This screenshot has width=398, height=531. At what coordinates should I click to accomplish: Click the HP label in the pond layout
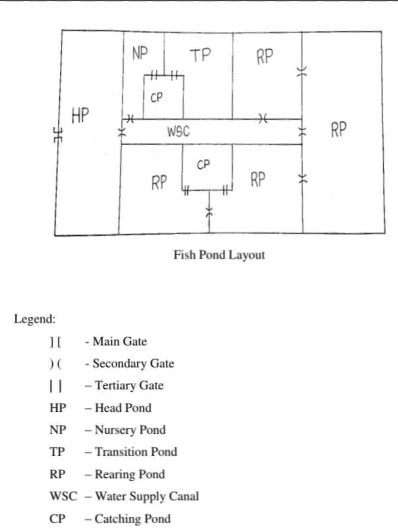click(80, 115)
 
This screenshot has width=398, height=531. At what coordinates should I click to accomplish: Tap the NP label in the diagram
click(140, 53)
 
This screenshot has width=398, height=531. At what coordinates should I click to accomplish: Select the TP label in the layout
click(200, 55)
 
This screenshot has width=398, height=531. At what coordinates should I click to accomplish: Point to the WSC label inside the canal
click(178, 132)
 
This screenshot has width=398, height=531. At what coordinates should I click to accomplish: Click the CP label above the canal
click(156, 98)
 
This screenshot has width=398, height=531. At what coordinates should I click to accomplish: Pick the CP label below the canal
click(203, 165)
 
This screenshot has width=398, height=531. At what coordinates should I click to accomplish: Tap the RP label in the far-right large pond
click(339, 129)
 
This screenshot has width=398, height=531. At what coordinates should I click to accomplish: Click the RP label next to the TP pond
click(265, 56)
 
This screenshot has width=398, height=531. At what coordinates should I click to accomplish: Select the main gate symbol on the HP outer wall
click(58, 135)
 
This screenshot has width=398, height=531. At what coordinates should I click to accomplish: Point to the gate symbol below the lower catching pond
click(210, 212)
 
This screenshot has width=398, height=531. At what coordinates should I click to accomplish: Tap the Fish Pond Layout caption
click(219, 255)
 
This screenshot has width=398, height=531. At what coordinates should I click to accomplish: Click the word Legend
click(34, 319)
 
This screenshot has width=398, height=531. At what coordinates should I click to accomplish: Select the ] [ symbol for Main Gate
click(55, 342)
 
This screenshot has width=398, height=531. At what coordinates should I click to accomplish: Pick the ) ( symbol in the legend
click(55, 364)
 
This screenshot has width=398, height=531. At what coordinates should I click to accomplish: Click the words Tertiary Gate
click(129, 386)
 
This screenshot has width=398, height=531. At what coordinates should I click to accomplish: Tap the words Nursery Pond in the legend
click(130, 430)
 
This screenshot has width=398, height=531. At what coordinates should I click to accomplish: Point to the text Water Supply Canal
click(147, 496)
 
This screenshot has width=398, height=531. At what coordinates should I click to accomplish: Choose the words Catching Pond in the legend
click(132, 519)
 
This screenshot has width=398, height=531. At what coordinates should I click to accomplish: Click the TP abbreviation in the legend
click(57, 452)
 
